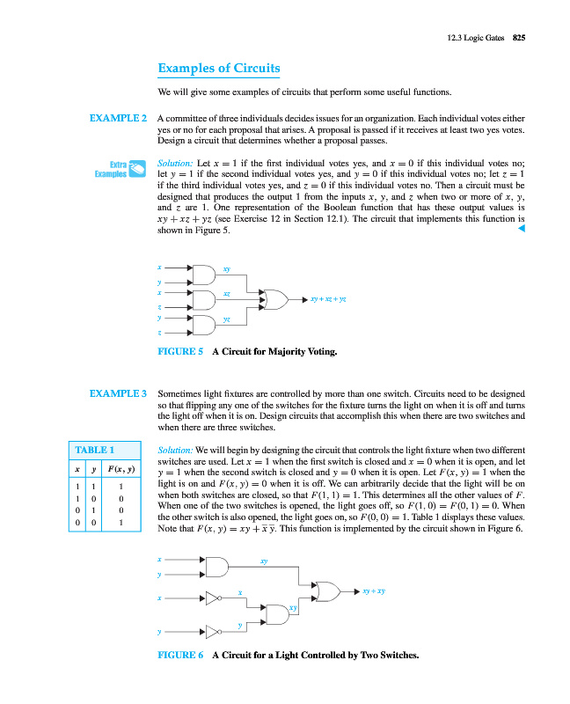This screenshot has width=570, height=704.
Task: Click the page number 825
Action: [519, 36]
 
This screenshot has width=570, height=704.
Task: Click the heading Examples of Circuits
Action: [218, 69]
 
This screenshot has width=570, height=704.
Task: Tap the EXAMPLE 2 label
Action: [118, 118]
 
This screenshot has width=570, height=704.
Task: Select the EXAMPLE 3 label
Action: [118, 393]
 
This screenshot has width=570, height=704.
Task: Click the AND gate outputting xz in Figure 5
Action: [202, 299]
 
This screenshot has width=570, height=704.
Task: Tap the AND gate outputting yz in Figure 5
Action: [202, 326]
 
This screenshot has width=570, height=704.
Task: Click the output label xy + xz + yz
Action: [328, 299]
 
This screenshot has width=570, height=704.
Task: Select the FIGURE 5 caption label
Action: [179, 351]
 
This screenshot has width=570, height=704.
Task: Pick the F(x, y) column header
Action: [121, 467]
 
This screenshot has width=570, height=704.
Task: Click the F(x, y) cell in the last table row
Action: [121, 522]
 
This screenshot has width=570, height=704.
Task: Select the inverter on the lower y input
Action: [213, 631]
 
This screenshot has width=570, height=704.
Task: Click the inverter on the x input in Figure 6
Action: [213, 598]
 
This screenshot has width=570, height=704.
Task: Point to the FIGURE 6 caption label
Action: [179, 656]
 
